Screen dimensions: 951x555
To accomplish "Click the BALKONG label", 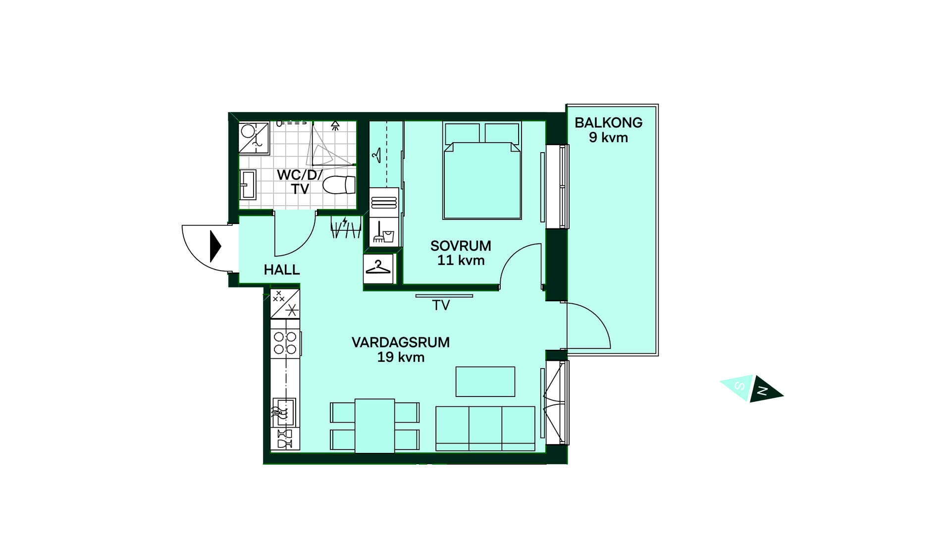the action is pos(608,122).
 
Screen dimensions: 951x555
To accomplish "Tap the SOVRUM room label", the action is pos(461,246).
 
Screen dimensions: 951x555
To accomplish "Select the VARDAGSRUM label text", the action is pos(401,342).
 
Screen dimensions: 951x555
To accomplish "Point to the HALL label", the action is pos(282,270).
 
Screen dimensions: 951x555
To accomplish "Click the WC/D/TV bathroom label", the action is pos(300,182).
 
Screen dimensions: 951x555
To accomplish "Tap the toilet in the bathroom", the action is pos(339,185).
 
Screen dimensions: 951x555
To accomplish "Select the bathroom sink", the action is pos(248,184).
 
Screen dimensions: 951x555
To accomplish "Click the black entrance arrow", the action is pos(215,246).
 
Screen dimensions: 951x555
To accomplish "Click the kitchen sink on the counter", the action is pos(284,412).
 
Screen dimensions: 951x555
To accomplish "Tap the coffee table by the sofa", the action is pos(485,382).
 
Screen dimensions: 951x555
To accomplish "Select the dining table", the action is pos(375,426).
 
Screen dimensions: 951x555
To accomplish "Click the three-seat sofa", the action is pos(485,429).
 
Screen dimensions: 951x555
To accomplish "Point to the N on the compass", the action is pos(763,391).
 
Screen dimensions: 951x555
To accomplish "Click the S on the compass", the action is pos(740,386).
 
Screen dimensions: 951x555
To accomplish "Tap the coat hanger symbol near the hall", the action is pos(378,268).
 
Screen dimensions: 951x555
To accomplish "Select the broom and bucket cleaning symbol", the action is pos(383,232).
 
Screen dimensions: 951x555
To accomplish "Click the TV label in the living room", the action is pos(441,305).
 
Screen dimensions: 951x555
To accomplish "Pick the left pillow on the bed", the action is pos(462,133).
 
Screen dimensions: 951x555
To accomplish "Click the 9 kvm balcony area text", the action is pos(608,138).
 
